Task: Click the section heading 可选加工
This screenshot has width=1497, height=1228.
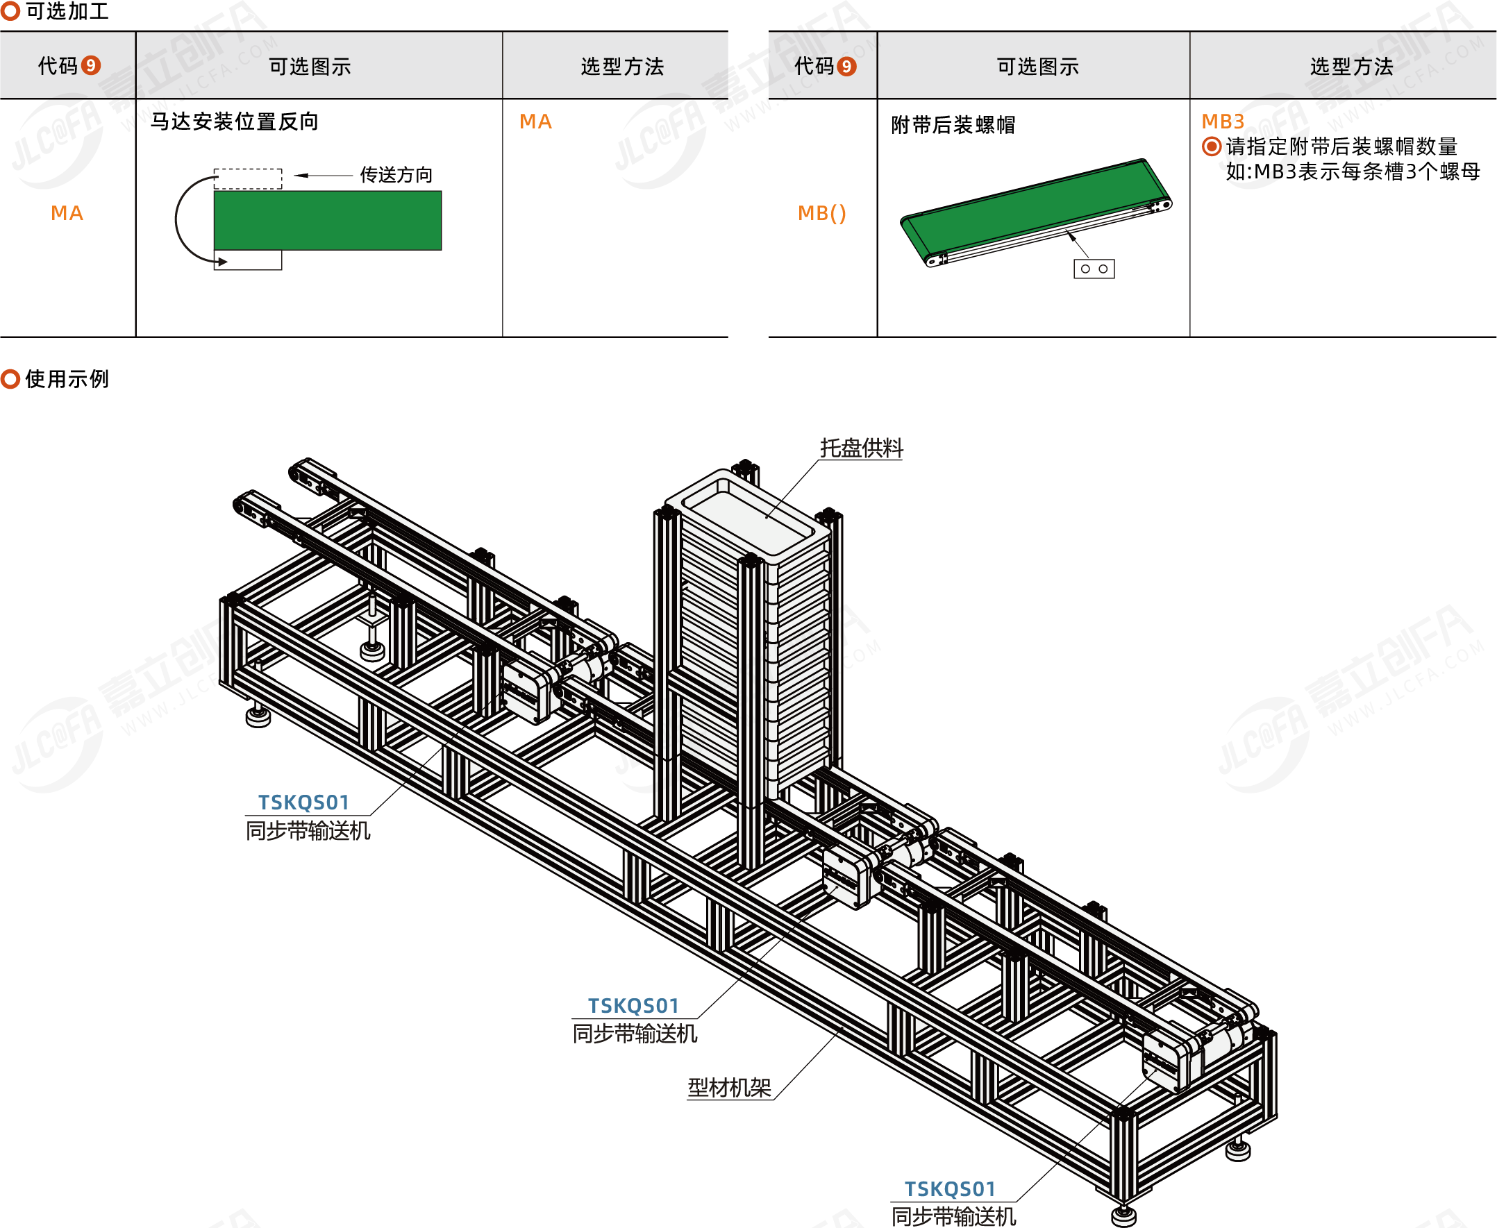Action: click(x=67, y=11)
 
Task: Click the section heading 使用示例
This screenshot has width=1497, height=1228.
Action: click(x=67, y=379)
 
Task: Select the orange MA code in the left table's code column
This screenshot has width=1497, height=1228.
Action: click(x=67, y=213)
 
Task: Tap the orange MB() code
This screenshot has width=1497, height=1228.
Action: click(x=821, y=213)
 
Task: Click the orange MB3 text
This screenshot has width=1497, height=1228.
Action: click(x=1223, y=121)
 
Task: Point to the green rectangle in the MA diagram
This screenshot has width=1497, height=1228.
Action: click(x=328, y=221)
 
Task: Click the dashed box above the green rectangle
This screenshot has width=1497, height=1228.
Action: click(x=248, y=179)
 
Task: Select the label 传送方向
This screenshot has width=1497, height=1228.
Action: click(x=396, y=175)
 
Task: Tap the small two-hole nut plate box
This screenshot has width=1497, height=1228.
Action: click(x=1094, y=269)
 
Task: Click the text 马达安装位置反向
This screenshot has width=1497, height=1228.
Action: click(x=234, y=121)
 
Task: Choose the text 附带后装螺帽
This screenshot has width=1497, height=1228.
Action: click(x=953, y=125)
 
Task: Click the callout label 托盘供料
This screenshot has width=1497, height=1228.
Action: click(x=861, y=448)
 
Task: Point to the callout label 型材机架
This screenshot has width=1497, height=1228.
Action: click(x=729, y=1087)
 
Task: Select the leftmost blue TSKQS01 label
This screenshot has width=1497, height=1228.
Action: click(x=303, y=802)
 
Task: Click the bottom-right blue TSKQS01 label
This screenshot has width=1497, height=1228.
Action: click(x=949, y=1189)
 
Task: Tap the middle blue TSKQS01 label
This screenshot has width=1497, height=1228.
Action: click(x=633, y=1006)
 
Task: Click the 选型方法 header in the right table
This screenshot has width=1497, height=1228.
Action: click(x=1351, y=67)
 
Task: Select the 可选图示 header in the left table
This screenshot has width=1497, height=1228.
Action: click(x=310, y=67)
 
